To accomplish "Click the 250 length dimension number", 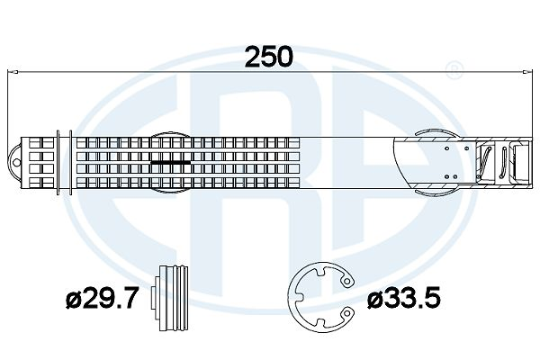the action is (x=268, y=57).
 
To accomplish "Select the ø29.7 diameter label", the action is (x=102, y=298).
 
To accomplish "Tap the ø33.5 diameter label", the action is (x=403, y=298).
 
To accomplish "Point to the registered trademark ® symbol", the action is (x=454, y=70).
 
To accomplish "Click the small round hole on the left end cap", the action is (x=15, y=163).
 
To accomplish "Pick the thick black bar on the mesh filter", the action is (x=171, y=162).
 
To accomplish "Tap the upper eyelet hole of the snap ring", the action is (x=347, y=282).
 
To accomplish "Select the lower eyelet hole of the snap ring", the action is (x=347, y=313).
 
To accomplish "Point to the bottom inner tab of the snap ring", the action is (x=320, y=323).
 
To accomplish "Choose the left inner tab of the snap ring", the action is (x=299, y=297).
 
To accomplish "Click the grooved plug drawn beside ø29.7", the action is (x=170, y=298).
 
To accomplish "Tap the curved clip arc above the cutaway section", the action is (x=437, y=133).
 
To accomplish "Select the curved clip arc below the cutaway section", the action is (x=437, y=193).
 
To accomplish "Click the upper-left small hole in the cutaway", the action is (x=446, y=148).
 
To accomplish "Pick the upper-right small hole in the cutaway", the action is (x=466, y=148).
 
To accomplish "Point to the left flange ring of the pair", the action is (x=58, y=163).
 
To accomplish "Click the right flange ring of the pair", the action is (x=70, y=163).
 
